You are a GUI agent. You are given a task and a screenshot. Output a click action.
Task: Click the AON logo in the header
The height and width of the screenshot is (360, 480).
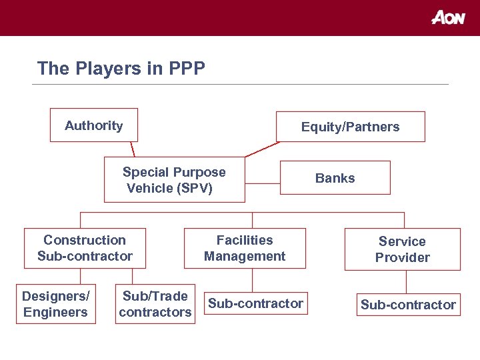448,18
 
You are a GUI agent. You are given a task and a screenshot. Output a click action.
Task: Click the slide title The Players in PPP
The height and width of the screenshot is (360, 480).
121,68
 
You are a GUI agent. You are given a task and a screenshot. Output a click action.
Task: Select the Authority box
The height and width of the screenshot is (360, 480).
93,125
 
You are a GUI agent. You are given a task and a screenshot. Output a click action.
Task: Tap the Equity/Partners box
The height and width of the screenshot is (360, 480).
350,127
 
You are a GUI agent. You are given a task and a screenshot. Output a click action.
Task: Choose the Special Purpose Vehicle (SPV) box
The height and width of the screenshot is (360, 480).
174,179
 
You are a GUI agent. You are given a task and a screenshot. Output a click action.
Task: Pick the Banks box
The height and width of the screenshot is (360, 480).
335,178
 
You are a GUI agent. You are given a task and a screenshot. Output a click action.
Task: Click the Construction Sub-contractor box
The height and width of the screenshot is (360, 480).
85,248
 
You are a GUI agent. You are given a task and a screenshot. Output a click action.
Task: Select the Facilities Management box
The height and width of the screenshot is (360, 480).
245,248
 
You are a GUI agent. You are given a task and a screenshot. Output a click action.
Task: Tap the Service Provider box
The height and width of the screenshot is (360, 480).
402,249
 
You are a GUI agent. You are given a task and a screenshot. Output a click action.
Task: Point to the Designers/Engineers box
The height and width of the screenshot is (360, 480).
55,304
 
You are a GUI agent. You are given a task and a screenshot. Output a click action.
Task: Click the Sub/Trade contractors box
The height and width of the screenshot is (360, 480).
155,304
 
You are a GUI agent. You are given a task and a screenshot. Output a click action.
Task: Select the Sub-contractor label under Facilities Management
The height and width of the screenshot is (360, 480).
255,304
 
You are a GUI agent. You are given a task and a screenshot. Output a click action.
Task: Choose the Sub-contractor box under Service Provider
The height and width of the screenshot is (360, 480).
408,305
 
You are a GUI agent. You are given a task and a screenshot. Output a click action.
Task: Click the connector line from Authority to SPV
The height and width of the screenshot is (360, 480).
133,149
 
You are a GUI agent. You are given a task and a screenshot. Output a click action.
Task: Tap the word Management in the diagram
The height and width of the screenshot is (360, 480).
245,256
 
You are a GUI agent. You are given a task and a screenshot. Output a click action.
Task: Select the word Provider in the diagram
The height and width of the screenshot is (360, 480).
402,257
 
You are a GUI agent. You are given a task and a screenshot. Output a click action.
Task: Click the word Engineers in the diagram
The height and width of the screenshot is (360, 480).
55,312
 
